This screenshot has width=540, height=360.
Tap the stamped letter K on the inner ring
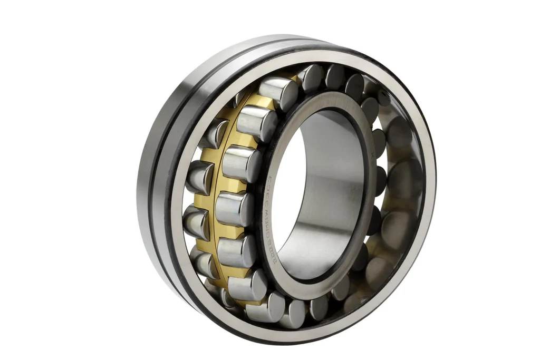point(372,155)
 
